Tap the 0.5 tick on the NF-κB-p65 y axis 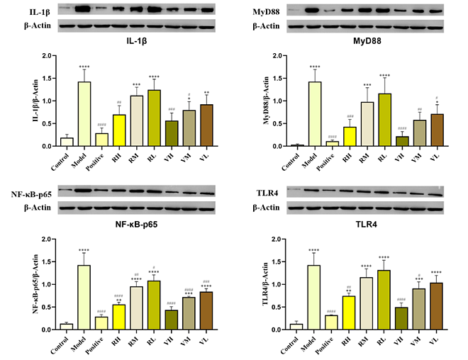pyautogui.click(x=47, y=307)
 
